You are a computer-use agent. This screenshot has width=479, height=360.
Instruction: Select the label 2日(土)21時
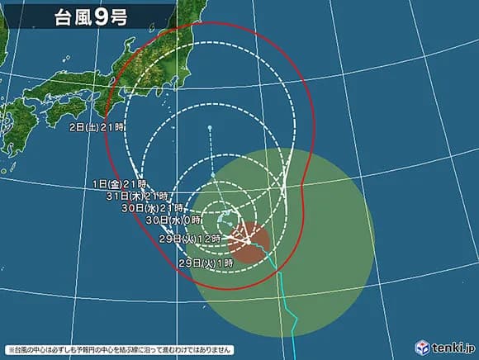(x=97, y=127)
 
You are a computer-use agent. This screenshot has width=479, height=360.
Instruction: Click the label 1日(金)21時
(x=120, y=183)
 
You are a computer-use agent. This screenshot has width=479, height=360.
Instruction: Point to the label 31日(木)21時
(x=138, y=196)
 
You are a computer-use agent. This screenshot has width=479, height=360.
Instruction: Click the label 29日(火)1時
(x=206, y=262)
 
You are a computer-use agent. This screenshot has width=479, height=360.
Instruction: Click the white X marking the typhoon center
(x=249, y=240)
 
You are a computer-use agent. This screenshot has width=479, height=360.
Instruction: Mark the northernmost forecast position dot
(x=210, y=127)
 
